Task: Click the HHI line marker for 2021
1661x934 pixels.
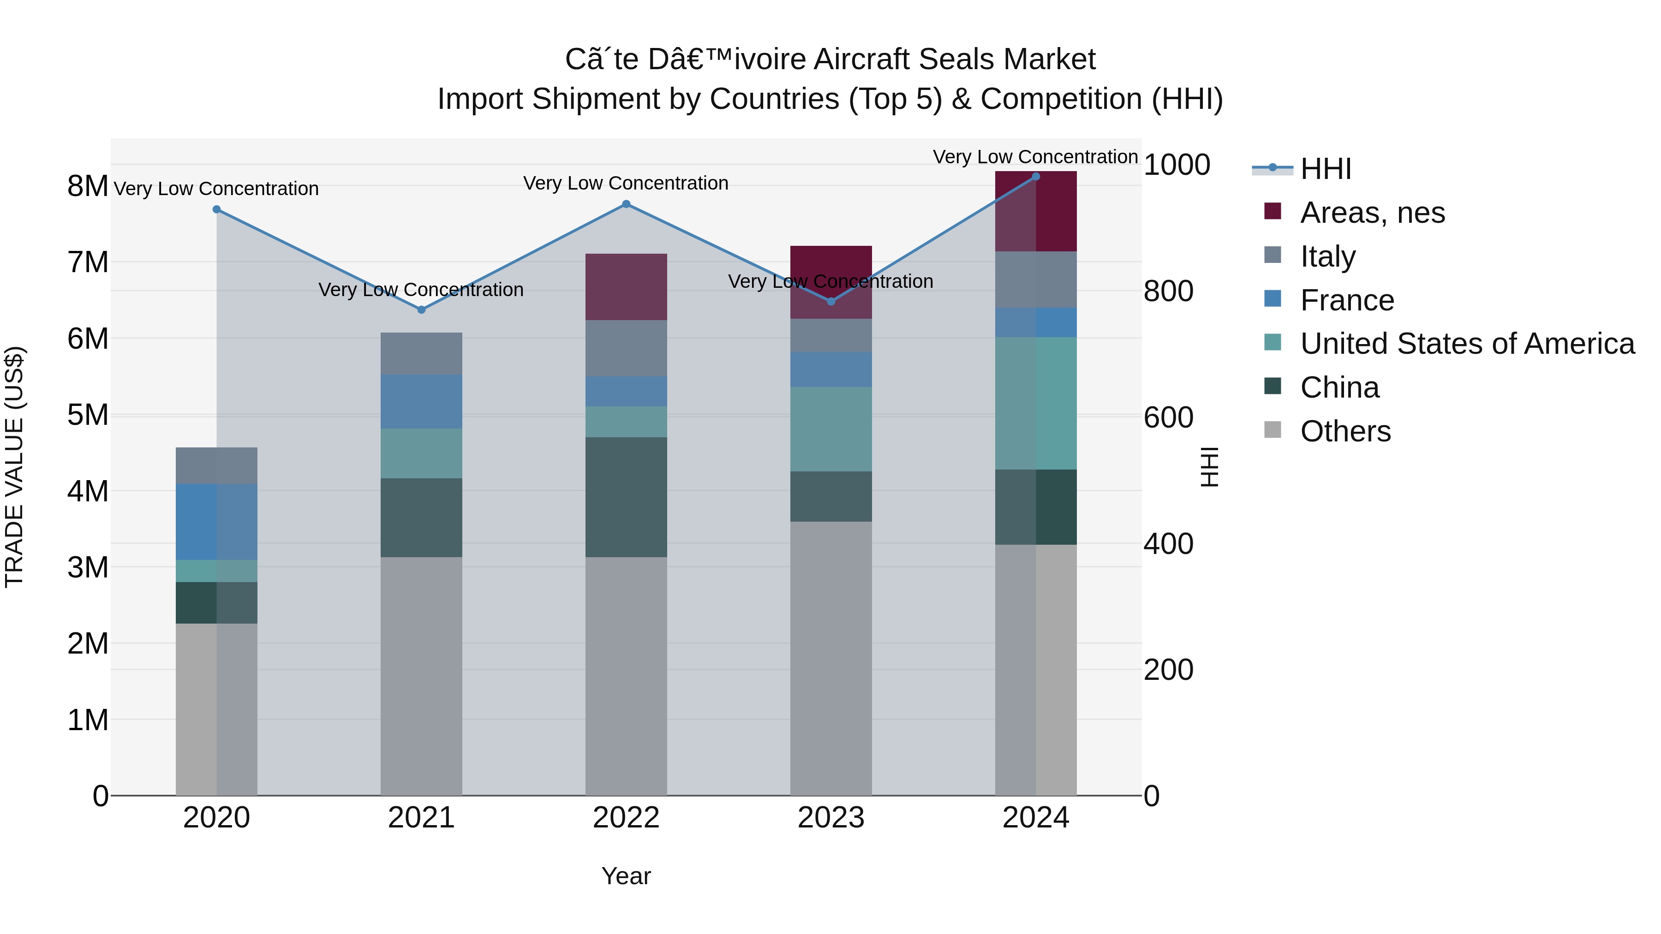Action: (421, 309)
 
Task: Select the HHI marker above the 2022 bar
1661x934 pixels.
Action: (626, 204)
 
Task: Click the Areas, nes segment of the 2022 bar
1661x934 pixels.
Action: (626, 287)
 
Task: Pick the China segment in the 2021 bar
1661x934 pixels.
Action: (421, 518)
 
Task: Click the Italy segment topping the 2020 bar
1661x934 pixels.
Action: (217, 465)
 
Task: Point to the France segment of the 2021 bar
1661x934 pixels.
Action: (421, 402)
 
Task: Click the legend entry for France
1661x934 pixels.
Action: (1346, 300)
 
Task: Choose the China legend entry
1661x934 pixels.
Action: (1339, 387)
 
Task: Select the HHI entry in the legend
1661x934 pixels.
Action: (1325, 169)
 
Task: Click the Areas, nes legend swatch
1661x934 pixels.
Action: (1273, 211)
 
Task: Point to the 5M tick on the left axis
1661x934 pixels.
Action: (88, 415)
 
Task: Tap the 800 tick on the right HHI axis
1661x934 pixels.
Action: (1168, 292)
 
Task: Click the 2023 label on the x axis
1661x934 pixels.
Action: (830, 818)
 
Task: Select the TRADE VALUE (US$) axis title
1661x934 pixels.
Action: (14, 467)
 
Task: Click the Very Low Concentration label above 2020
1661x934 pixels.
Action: (217, 189)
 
